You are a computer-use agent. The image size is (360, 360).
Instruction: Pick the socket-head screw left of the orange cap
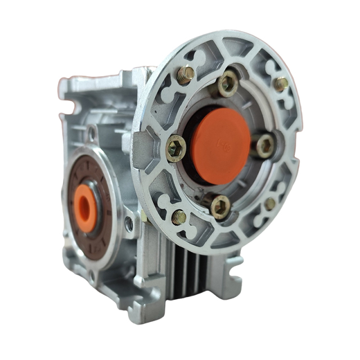175,149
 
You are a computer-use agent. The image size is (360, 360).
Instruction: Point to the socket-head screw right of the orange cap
263,146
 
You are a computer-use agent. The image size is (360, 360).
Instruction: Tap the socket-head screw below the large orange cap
220,207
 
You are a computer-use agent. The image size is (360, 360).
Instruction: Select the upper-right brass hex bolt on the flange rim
281,83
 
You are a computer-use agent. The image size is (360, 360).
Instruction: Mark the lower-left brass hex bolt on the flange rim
179,217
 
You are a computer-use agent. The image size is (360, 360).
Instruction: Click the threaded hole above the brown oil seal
92,133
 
